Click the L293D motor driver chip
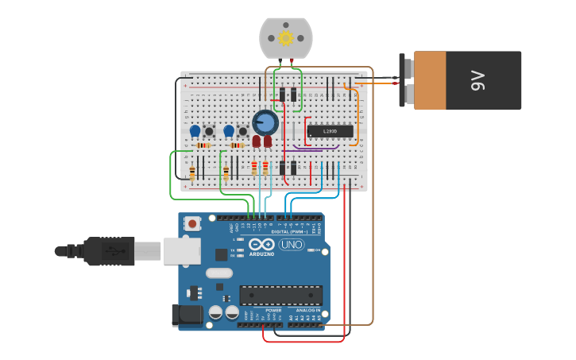(x=330, y=131)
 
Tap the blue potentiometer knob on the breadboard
(x=265, y=122)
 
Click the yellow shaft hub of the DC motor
(x=286, y=37)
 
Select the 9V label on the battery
(x=477, y=79)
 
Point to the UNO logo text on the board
(x=291, y=245)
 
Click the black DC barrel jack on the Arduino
(x=187, y=315)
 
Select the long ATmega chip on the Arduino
(x=280, y=295)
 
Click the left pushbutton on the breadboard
(x=209, y=131)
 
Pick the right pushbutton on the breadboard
(x=242, y=131)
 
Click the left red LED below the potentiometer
(x=257, y=141)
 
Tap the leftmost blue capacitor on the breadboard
(x=195, y=130)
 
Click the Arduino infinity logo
(x=261, y=245)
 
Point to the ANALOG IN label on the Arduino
(x=303, y=311)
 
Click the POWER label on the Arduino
(x=262, y=311)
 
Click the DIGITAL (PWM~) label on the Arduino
(x=291, y=231)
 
